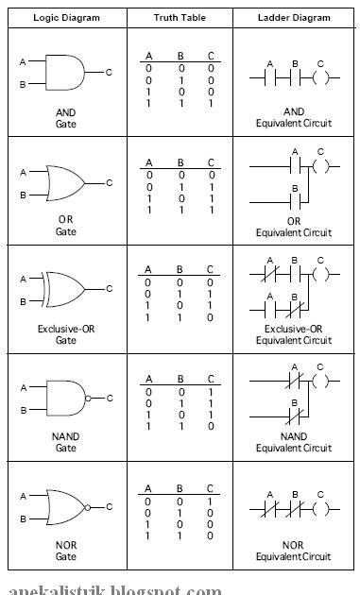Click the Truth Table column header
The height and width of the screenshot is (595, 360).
point(179,17)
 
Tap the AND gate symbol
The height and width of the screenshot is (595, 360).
point(65,72)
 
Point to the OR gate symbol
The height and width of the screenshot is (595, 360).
point(65,183)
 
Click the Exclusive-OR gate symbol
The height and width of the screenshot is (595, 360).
point(65,289)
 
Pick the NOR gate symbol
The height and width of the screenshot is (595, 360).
point(65,506)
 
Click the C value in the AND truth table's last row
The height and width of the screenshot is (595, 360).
point(211,102)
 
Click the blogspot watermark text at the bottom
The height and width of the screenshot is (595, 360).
point(113,589)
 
